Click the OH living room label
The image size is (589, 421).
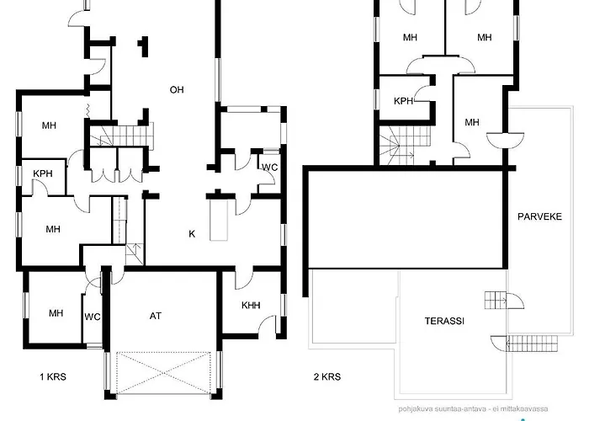point(177,90)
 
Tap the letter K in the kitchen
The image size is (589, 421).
point(192,234)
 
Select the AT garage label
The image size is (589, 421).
point(156,316)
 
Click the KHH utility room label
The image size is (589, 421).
point(251,305)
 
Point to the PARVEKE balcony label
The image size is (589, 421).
point(540,216)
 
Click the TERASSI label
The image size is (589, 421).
point(444,321)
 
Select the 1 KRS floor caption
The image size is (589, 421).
point(53,376)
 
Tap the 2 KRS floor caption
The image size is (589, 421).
point(327,376)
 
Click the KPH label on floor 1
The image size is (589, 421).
point(43,173)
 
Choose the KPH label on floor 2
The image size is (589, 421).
point(403,101)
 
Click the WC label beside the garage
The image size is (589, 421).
point(93,317)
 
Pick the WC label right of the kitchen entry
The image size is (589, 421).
point(270,168)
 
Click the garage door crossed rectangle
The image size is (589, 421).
point(163,373)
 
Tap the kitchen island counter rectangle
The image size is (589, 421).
point(219,220)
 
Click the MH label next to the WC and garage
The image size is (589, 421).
point(56,313)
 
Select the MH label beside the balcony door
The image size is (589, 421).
point(472,122)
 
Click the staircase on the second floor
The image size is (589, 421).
point(405,146)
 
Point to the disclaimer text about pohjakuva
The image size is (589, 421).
point(473,408)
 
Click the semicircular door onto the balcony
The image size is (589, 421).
point(505,141)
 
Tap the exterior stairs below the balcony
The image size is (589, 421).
point(532,344)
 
